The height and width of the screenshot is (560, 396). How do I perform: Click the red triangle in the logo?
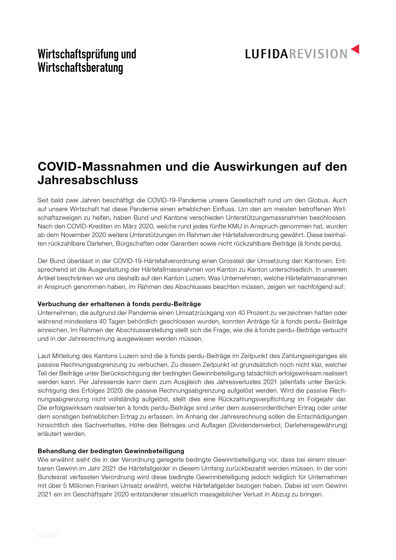355,49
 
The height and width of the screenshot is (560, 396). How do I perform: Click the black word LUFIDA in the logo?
266,54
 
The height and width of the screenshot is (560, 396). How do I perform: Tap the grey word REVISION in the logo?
318,54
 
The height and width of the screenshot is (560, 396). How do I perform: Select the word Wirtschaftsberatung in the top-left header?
80,67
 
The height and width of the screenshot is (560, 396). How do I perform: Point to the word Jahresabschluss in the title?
88,180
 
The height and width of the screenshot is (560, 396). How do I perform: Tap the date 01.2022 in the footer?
47,535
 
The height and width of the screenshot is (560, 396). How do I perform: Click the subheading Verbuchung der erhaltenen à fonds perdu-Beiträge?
119,304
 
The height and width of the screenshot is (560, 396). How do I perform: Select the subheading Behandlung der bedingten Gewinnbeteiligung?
111,451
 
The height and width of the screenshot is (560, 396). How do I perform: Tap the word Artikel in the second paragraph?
46,278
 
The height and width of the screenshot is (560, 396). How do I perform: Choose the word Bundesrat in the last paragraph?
52,477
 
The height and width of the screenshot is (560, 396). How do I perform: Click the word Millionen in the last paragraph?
82,486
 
